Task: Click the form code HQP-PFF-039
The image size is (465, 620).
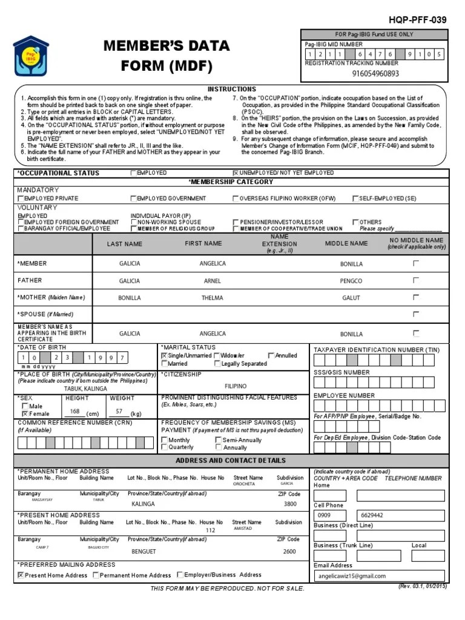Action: pos(423,20)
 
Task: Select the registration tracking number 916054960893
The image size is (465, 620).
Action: pos(375,74)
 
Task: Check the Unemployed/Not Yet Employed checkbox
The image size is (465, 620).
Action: pos(236,173)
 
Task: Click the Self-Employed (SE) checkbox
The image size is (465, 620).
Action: pos(355,199)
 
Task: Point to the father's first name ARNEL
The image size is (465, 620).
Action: pos(213,281)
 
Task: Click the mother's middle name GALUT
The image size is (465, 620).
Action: pos(351,298)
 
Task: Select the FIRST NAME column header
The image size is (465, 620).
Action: pos(203,243)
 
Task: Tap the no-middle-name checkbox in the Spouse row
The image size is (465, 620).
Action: pos(415,314)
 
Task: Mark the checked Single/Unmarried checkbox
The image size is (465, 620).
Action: pos(164,356)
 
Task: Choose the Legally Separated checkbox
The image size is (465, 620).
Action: pos(217,364)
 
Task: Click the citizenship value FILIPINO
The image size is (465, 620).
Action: pos(236,386)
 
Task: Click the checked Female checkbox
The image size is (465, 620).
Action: pos(25,414)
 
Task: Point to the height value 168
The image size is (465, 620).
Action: pos(75,412)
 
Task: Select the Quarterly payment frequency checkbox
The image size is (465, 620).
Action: pos(165,447)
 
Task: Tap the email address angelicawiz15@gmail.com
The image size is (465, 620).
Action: pos(360,576)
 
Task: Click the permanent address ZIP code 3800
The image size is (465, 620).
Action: pos(290,504)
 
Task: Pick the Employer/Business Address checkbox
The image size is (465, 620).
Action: pos(180,575)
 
